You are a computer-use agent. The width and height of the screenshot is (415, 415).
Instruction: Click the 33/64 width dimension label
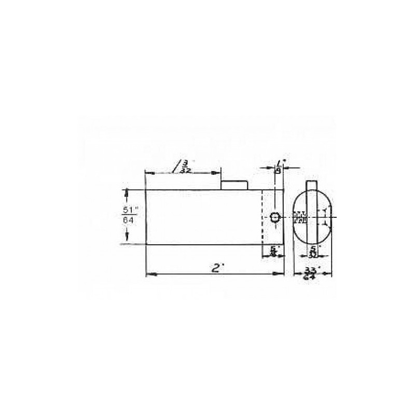(312, 273)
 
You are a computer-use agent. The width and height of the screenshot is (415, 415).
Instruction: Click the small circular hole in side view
(275, 217)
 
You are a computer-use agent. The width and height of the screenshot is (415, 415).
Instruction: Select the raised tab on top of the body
(233, 185)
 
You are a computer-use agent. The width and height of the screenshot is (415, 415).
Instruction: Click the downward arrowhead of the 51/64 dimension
(126, 240)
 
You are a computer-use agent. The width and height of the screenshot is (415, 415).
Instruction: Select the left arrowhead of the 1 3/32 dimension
(147, 172)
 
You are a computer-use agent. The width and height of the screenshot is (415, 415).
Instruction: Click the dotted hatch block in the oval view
(300, 217)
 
